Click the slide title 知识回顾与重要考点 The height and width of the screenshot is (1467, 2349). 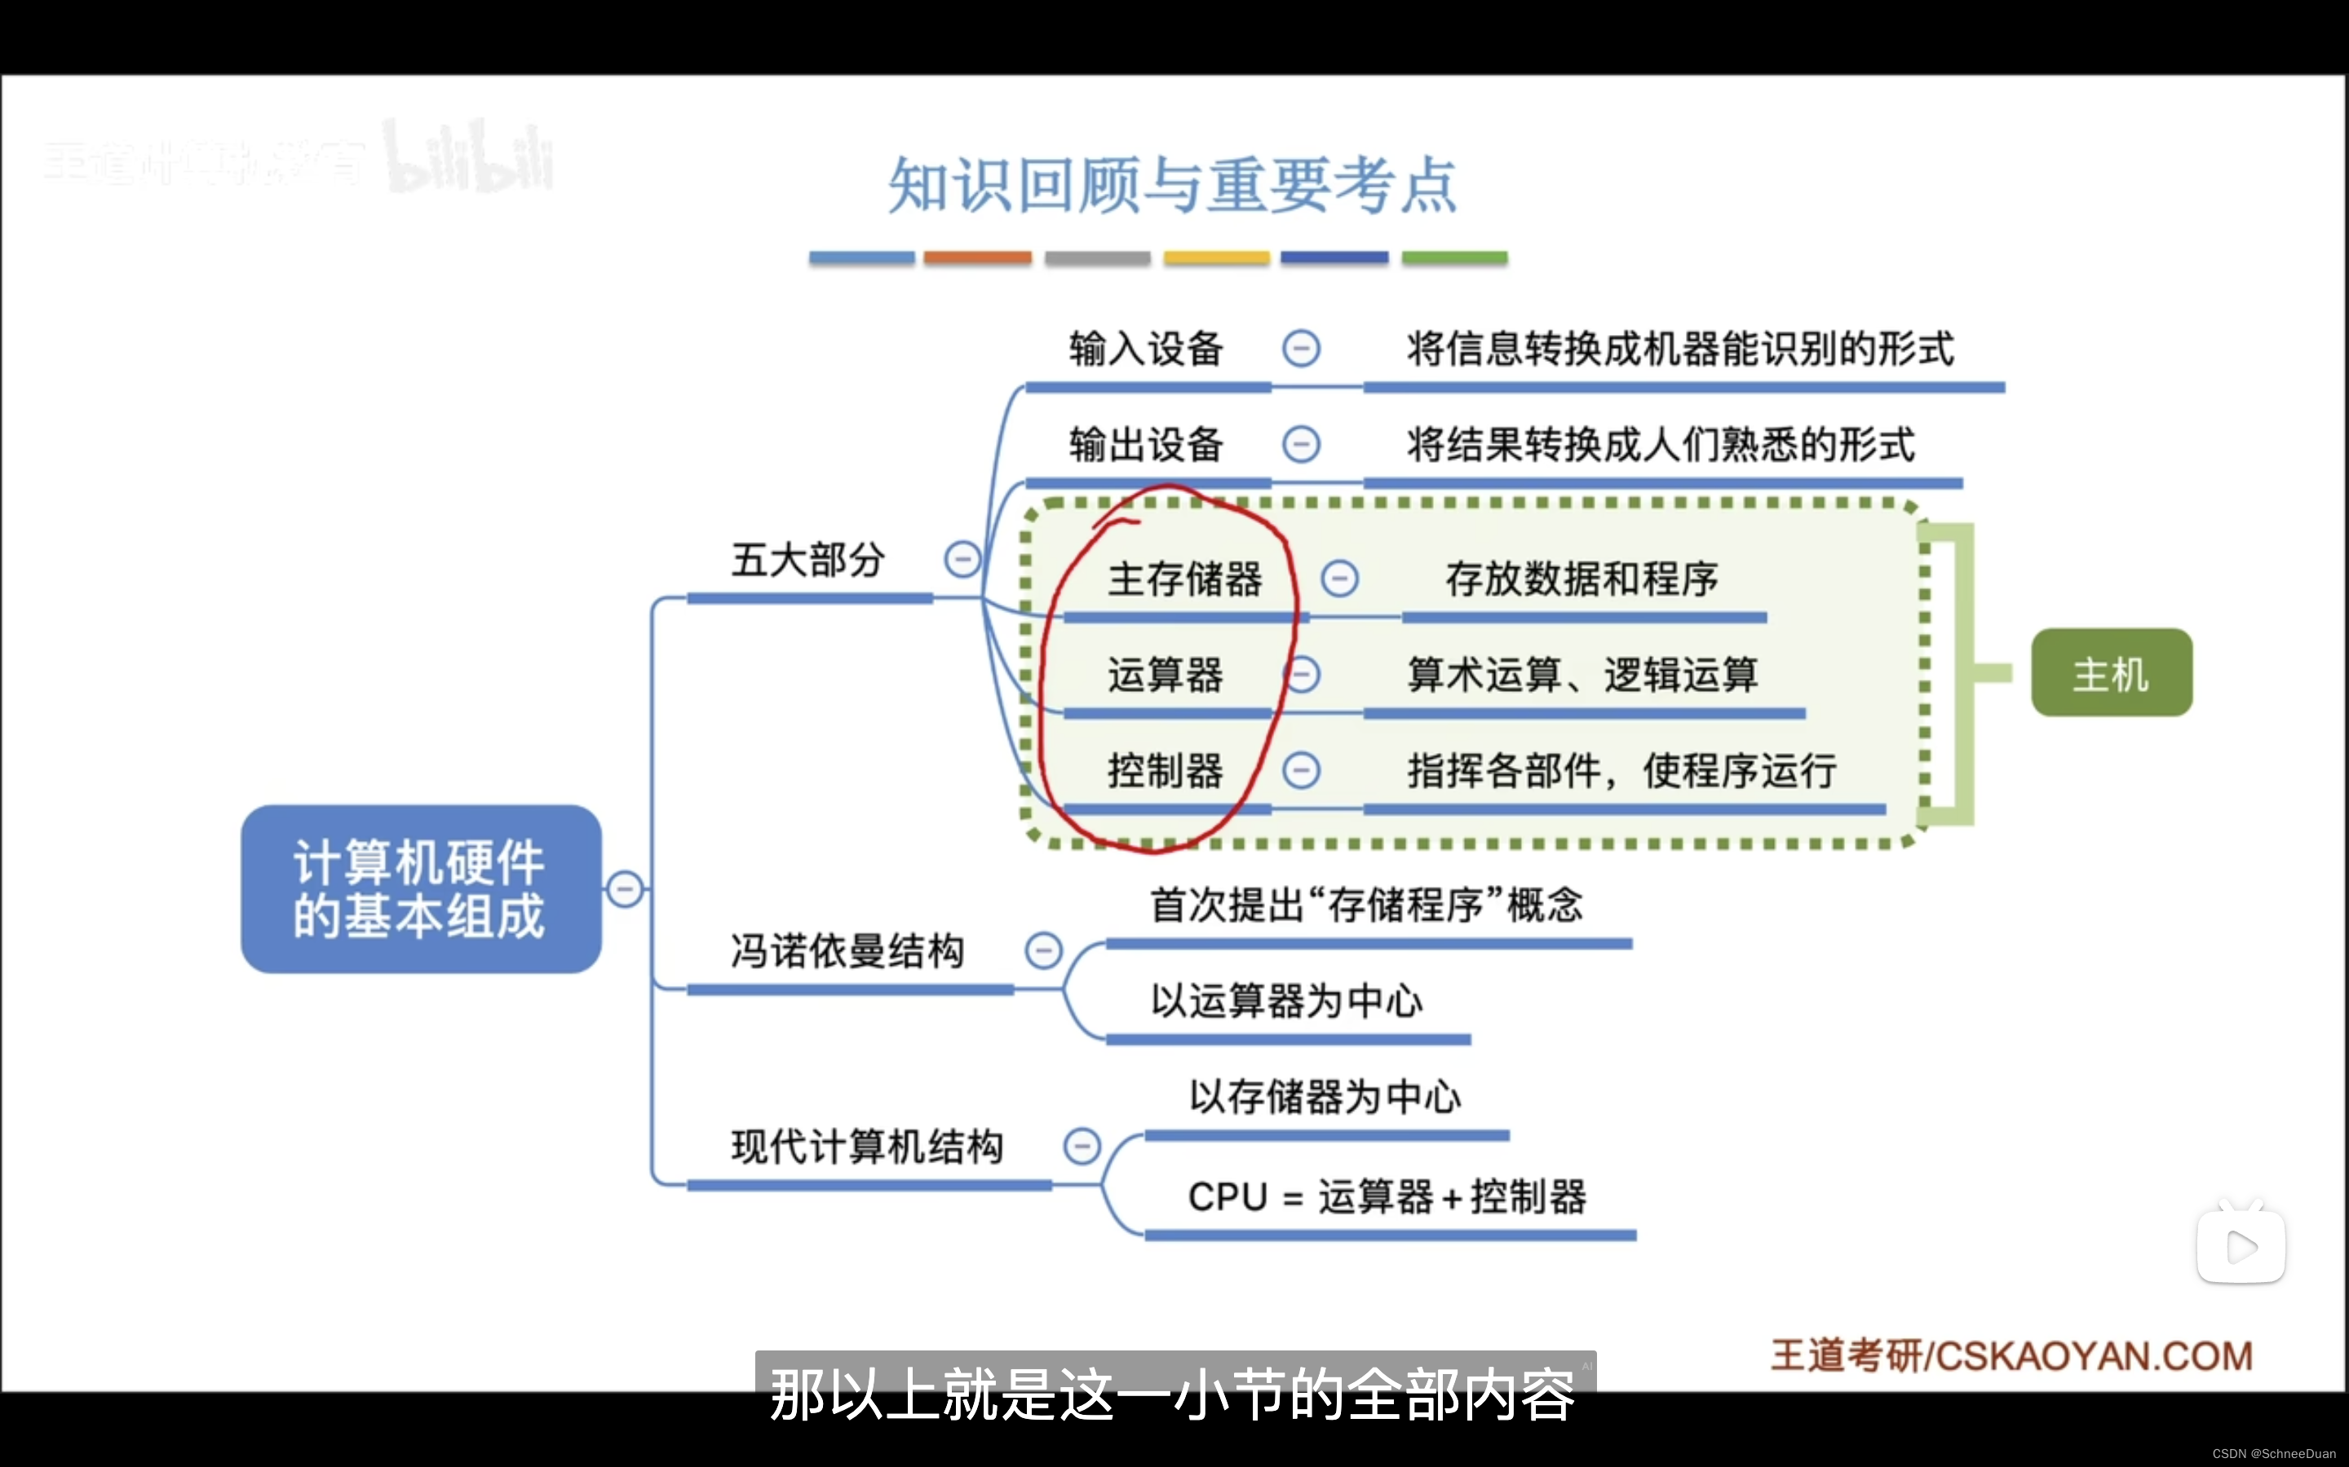click(1173, 184)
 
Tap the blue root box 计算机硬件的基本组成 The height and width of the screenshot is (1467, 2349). click(420, 888)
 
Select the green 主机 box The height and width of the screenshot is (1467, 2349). click(2111, 673)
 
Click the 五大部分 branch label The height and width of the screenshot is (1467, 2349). click(807, 560)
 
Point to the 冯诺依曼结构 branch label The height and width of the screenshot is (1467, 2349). click(847, 951)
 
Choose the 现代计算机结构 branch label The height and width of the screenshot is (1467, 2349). click(867, 1146)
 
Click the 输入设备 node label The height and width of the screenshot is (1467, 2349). click(1145, 348)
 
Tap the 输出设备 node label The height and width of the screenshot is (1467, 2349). click(1145, 444)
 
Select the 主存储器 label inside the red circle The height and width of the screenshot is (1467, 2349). click(1184, 579)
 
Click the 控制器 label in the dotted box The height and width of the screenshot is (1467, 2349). click(1165, 771)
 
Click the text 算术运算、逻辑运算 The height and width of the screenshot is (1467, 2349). click(1582, 674)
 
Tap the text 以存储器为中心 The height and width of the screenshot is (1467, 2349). click(1325, 1097)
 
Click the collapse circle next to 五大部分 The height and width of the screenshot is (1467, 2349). click(962, 559)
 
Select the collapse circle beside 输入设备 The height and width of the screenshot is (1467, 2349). click(1301, 348)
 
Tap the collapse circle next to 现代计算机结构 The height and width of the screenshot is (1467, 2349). click(1082, 1146)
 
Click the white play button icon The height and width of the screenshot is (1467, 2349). click(2241, 1247)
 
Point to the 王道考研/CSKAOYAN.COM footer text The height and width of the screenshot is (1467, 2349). click(2011, 1355)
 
